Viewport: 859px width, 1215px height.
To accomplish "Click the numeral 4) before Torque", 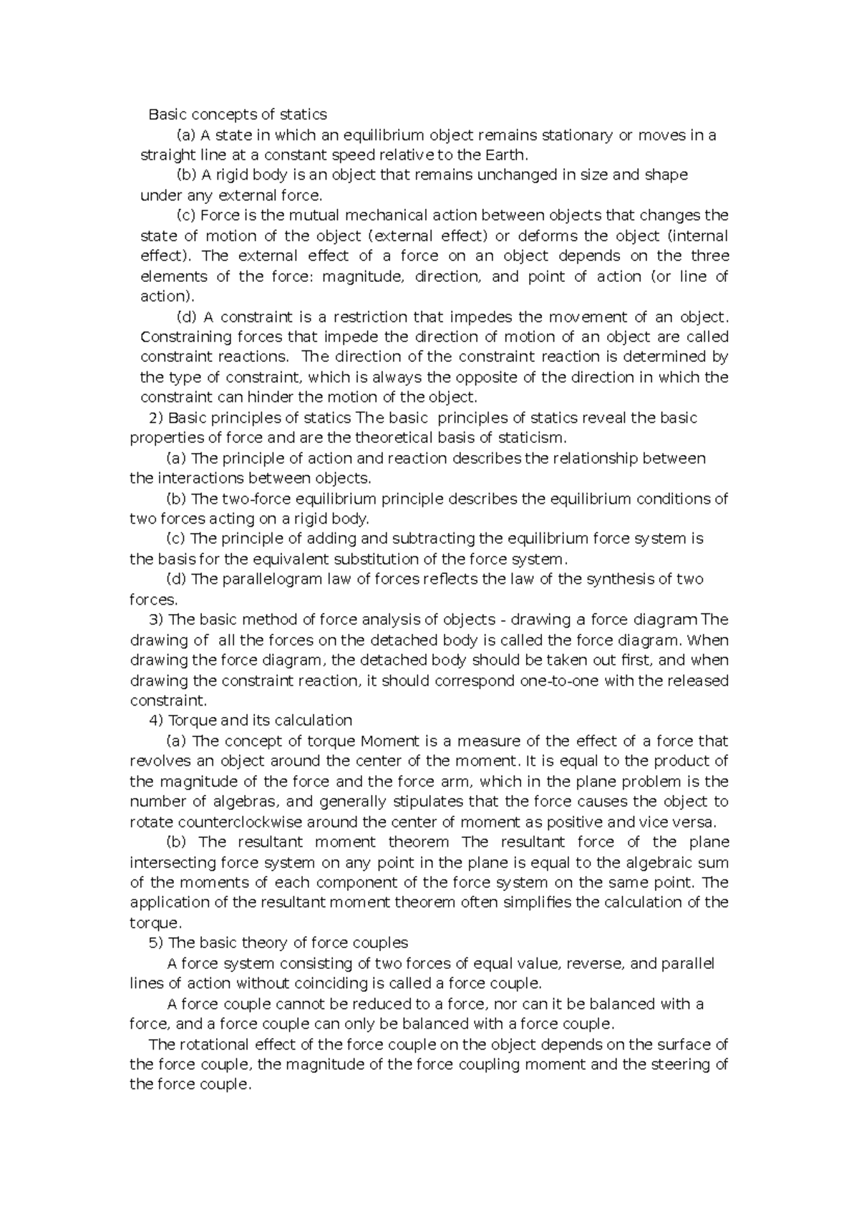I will tap(154, 721).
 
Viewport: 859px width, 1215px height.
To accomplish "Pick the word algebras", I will tap(244, 802).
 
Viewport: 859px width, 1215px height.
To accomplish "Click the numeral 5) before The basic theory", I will tap(154, 943).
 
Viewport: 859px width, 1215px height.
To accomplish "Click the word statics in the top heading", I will tap(303, 114).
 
